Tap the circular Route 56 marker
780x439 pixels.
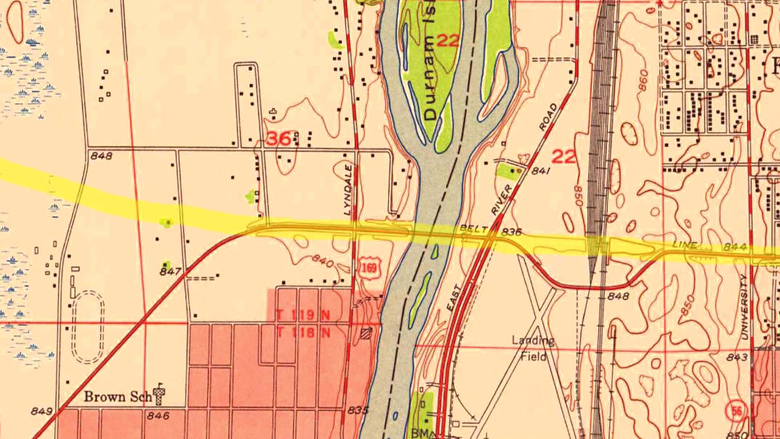coord(737,411)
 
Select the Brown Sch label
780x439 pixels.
coord(116,397)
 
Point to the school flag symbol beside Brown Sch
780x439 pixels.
coord(159,395)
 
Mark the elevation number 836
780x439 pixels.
coord(512,233)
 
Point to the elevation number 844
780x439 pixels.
coord(735,248)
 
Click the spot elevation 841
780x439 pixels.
coord(539,171)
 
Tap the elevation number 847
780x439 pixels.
coord(169,271)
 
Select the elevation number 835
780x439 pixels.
coord(357,411)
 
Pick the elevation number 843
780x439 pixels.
coord(736,357)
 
